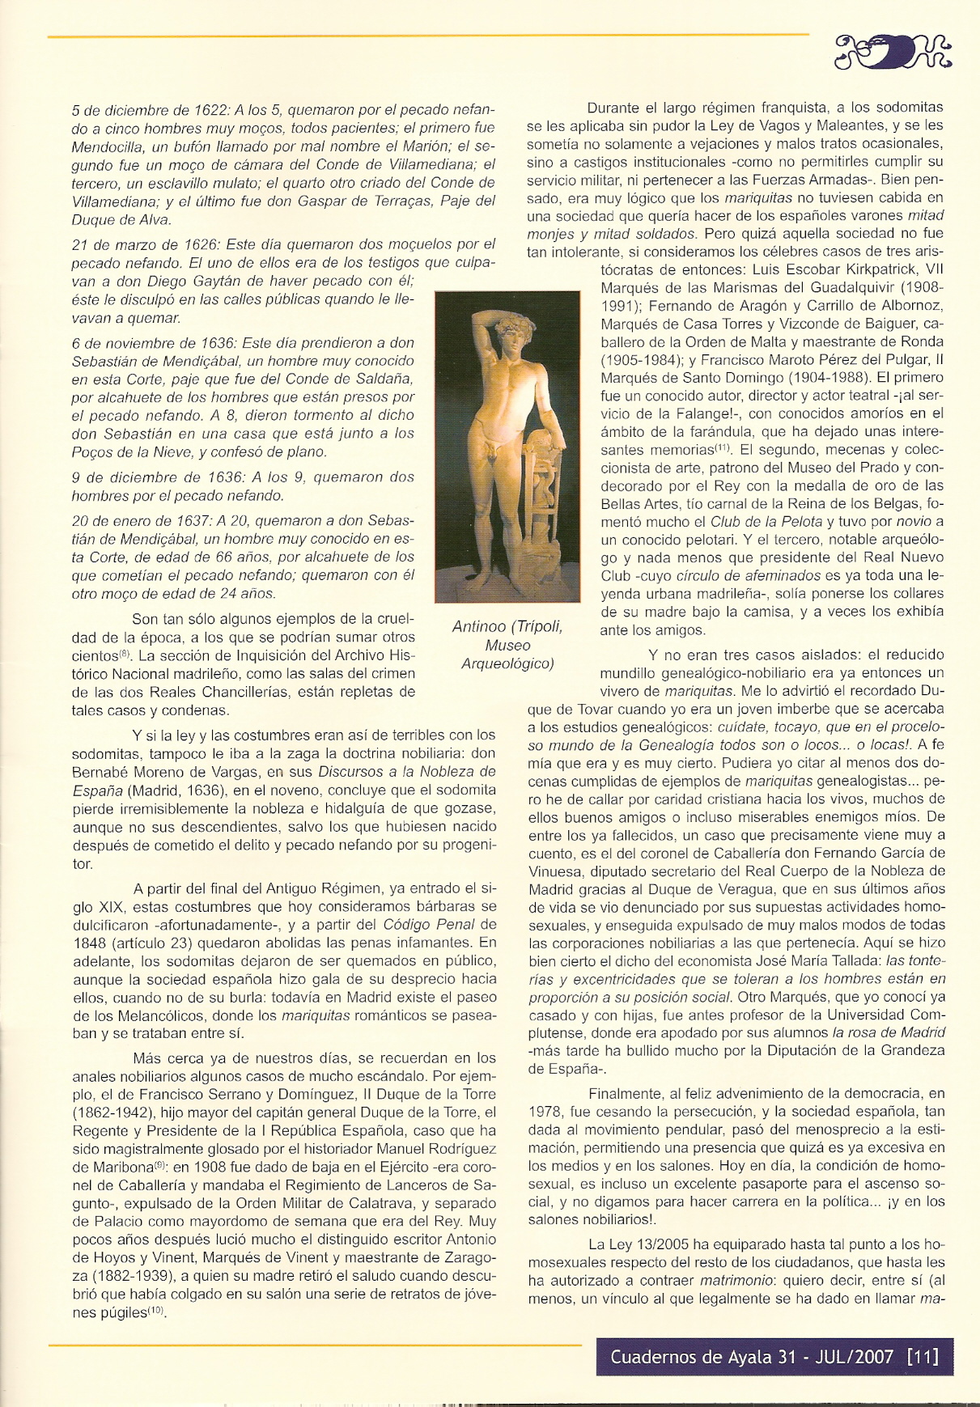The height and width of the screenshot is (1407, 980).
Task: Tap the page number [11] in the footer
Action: coord(923,1356)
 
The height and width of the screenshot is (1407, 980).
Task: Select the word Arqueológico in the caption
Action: coord(507,663)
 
